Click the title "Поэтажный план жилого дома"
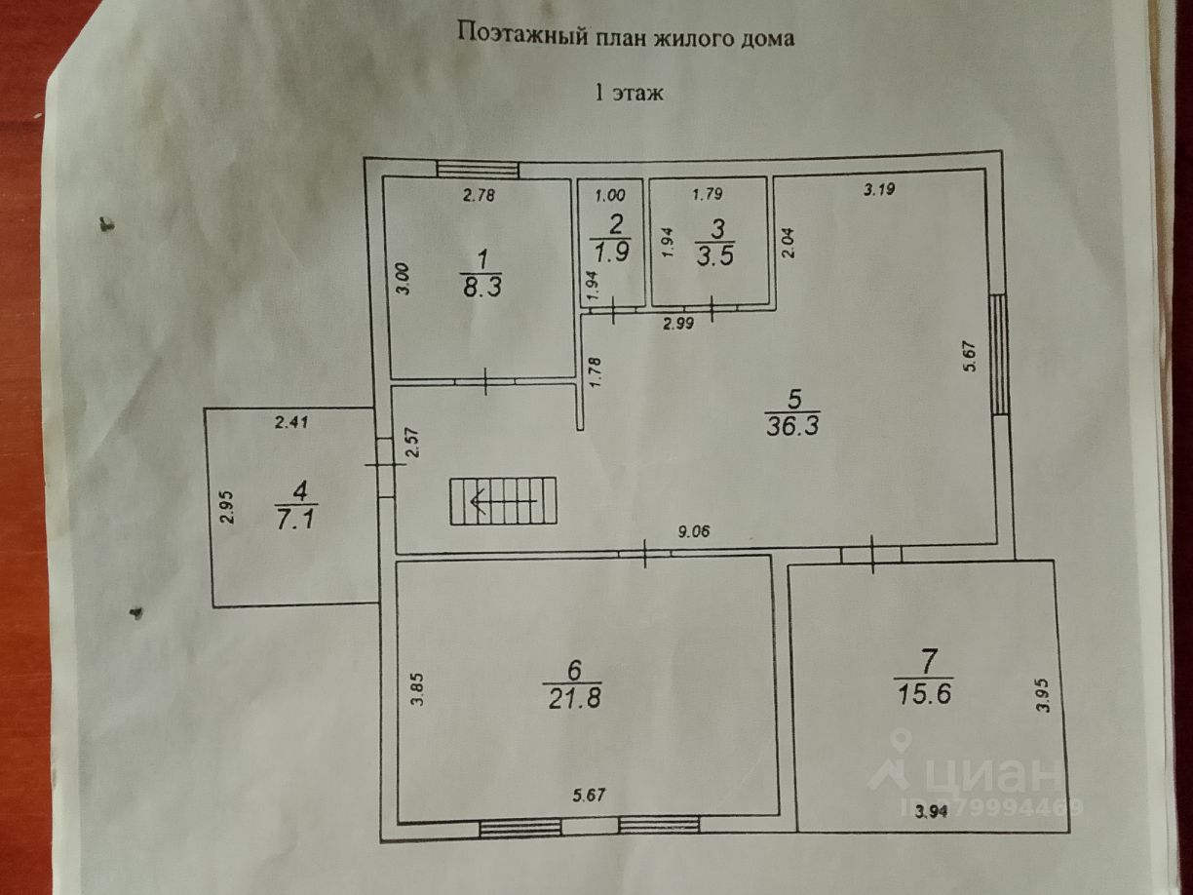tap(627, 38)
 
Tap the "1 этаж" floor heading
tap(629, 94)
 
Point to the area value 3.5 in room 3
tap(715, 255)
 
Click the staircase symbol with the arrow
tap(502, 501)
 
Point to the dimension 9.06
tap(695, 531)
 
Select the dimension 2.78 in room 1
tap(480, 195)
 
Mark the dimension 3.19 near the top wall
tap(878, 190)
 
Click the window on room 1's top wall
tap(477, 169)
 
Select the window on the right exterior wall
tap(998, 354)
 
